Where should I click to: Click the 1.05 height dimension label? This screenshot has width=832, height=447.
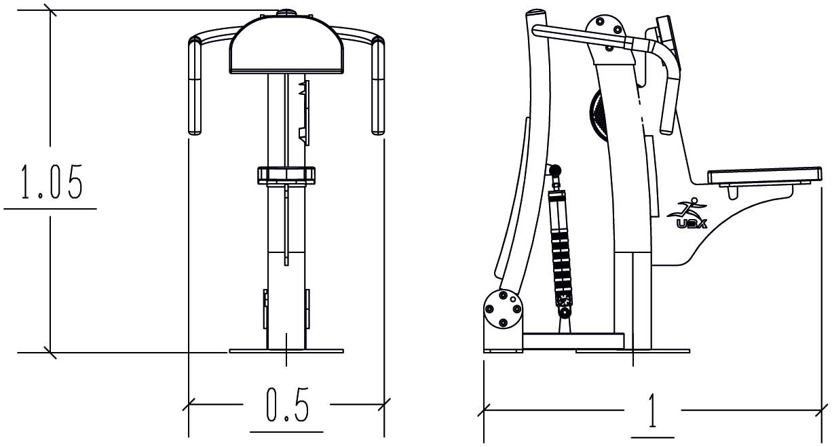pos(52,182)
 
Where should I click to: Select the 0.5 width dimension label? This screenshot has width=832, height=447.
pos(287,405)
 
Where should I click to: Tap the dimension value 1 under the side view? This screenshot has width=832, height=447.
pos(652,411)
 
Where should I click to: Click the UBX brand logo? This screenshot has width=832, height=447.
pos(687,214)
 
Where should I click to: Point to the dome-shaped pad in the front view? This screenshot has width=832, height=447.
pos(286,45)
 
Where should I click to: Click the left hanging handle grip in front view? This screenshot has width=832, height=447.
pos(195,88)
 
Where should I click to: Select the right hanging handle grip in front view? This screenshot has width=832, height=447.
pos(378,88)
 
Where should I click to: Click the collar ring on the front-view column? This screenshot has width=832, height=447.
pos(286,175)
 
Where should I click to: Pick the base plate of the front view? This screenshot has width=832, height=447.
pos(286,351)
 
